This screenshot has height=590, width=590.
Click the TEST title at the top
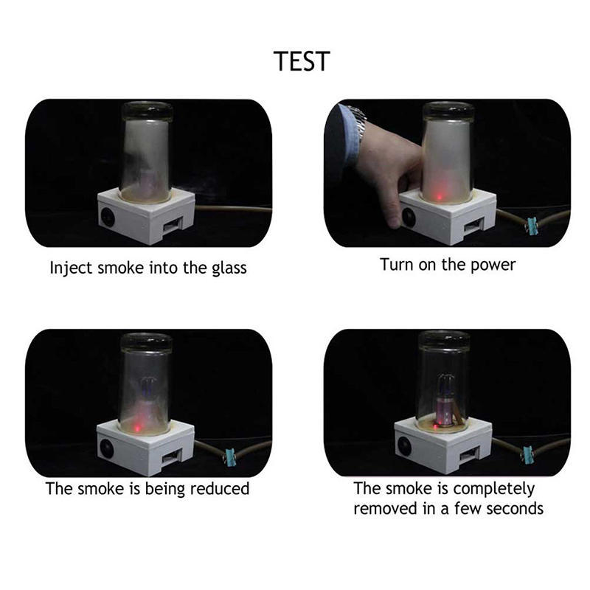[301, 61]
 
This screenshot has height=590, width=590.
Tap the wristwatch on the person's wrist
[359, 117]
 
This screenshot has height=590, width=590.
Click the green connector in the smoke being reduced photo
[229, 456]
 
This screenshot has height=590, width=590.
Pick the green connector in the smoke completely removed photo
[529, 453]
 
